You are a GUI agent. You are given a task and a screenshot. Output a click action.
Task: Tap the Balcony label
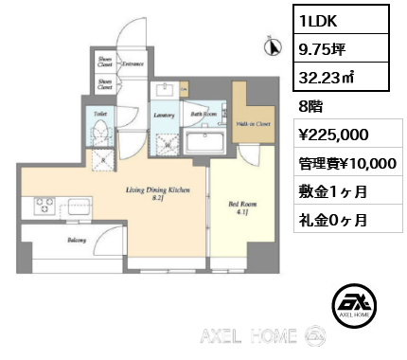pyautogui.click(x=77, y=241)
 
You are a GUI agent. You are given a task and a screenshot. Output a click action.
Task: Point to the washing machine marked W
pyautogui.click(x=167, y=142)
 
